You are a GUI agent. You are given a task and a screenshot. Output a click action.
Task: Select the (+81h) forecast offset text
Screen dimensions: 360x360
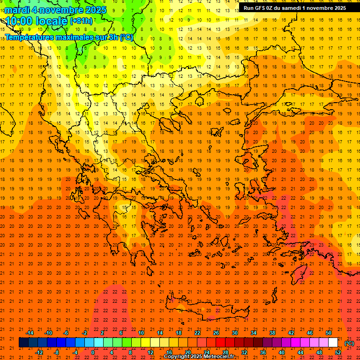point(81,21)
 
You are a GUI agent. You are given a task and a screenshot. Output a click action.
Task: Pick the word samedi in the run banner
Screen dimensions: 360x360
point(294,7)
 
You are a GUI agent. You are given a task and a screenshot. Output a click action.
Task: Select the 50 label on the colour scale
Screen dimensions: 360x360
point(328,333)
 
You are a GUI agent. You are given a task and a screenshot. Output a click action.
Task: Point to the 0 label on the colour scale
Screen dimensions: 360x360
point(92,352)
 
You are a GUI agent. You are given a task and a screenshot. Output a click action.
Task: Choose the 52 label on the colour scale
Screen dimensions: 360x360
point(337,352)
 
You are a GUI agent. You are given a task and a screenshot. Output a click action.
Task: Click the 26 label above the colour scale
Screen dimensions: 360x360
point(216,333)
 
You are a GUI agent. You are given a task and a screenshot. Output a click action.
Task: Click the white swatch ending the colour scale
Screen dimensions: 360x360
point(333,343)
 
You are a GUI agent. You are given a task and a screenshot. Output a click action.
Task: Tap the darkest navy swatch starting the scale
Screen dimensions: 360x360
point(23,343)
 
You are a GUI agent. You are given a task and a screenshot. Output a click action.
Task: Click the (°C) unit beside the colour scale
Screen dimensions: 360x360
point(349,343)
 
